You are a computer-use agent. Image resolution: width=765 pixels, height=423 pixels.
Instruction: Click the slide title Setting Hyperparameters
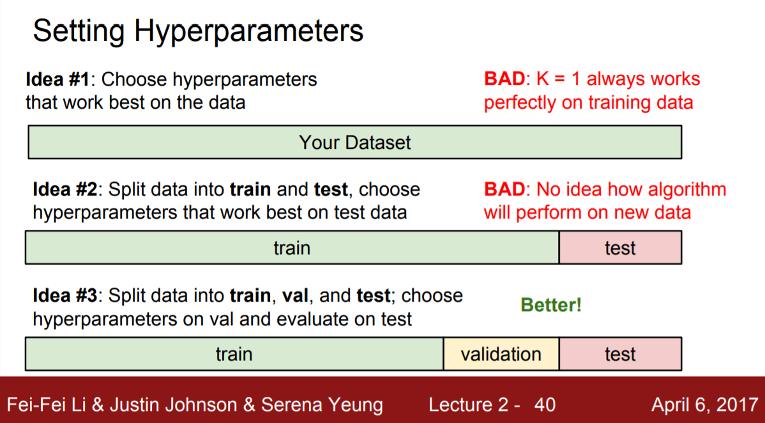click(x=198, y=32)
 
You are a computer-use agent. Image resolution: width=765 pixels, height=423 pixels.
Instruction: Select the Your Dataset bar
click(x=354, y=142)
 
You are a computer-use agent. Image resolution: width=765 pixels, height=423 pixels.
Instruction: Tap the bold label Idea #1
click(x=57, y=79)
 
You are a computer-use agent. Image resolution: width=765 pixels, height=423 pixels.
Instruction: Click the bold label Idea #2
click(x=65, y=190)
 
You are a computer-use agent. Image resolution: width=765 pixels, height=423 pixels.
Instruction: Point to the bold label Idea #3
click(x=65, y=295)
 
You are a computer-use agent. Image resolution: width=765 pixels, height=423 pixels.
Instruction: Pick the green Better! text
click(x=551, y=305)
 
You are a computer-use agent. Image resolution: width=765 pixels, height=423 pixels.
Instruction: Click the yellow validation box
click(x=501, y=354)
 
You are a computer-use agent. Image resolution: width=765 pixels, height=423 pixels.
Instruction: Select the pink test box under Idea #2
click(x=620, y=248)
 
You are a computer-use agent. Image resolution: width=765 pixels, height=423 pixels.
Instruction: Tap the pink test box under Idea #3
click(x=620, y=354)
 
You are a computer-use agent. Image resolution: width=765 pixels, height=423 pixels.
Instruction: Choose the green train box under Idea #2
click(x=292, y=248)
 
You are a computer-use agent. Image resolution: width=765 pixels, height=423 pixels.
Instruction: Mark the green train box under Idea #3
click(x=234, y=354)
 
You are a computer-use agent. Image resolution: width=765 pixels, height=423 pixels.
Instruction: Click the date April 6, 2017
click(x=704, y=405)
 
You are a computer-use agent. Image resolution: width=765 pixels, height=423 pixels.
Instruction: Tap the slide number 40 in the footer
click(x=545, y=405)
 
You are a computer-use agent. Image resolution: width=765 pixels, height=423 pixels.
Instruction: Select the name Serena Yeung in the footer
click(x=321, y=405)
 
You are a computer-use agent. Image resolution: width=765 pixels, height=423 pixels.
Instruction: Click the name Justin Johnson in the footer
click(x=172, y=405)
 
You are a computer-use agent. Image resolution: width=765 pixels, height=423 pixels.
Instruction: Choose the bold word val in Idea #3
click(x=296, y=295)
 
